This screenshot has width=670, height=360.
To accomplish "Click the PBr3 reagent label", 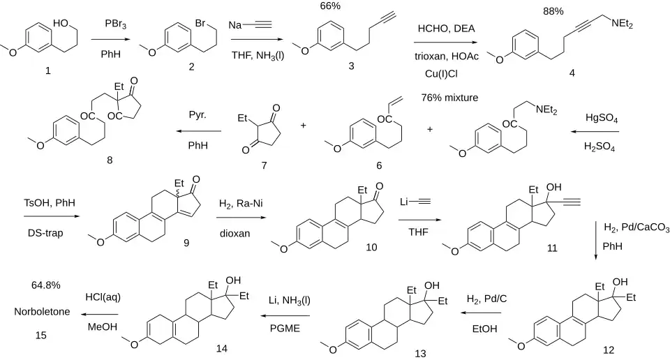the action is pyautogui.click(x=115, y=25).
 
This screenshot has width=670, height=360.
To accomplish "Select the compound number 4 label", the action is pyautogui.click(x=572, y=73).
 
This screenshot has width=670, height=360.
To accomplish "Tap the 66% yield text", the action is pyautogui.click(x=330, y=6).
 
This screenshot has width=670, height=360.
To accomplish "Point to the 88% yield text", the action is pyautogui.click(x=553, y=12).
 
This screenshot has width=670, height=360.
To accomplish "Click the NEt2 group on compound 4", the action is pyautogui.click(x=622, y=24).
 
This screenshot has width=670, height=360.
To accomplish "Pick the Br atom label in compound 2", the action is pyautogui.click(x=200, y=23).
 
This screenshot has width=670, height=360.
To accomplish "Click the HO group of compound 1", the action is pyautogui.click(x=61, y=23).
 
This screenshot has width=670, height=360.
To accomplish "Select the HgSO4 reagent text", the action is pyautogui.click(x=601, y=119).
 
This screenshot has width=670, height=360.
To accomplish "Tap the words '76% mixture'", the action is pyautogui.click(x=449, y=98).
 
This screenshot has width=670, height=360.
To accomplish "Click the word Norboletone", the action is pyautogui.click(x=42, y=312).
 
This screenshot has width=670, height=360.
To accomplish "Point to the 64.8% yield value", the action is pyautogui.click(x=46, y=285).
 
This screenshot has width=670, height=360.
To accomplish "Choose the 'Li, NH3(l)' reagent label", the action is pyautogui.click(x=289, y=301).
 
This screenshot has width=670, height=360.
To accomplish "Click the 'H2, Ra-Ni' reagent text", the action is pyautogui.click(x=241, y=204).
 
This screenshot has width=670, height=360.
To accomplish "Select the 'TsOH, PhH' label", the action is pyautogui.click(x=50, y=203).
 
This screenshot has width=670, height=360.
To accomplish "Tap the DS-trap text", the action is pyautogui.click(x=45, y=233).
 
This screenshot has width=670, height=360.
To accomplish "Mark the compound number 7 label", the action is pyautogui.click(x=264, y=165).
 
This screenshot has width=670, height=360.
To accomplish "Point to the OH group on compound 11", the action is pyautogui.click(x=553, y=188).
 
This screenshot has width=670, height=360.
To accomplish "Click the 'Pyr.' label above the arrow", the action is pyautogui.click(x=198, y=115).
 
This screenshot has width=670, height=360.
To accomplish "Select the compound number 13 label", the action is pyautogui.click(x=420, y=354).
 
